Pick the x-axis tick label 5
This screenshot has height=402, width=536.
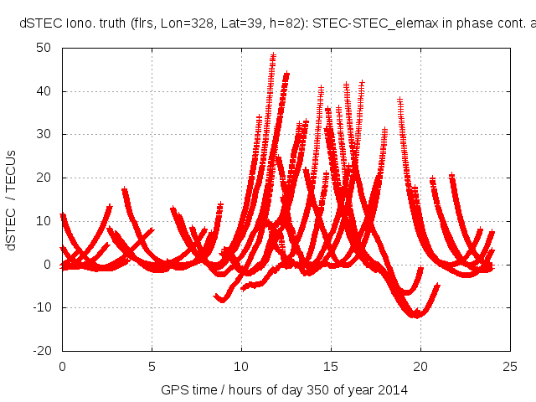[x=152, y=366]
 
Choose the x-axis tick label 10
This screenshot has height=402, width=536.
[x=241, y=366]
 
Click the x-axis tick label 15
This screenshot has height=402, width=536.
[x=331, y=366]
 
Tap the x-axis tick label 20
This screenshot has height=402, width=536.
[x=420, y=366]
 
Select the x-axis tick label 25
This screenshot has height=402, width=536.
[x=510, y=366]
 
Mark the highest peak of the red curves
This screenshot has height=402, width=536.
[x=273, y=56]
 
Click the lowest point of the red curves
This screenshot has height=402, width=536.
[x=415, y=316]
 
